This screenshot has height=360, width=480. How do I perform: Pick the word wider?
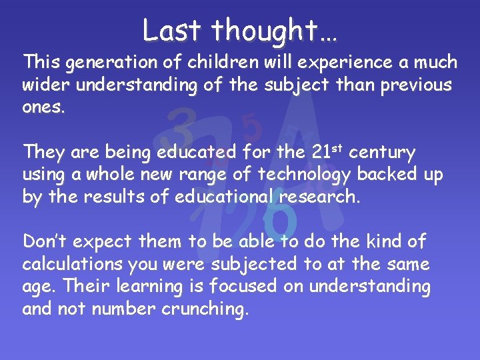[x=44, y=85]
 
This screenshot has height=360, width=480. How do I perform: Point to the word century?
[x=382, y=153]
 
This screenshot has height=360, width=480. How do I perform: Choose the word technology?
[x=305, y=175]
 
